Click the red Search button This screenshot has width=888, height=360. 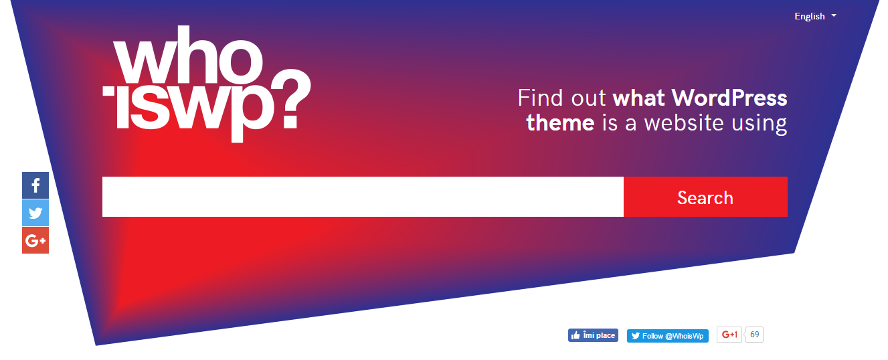pyautogui.click(x=705, y=197)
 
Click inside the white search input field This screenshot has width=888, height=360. pyautogui.click(x=363, y=197)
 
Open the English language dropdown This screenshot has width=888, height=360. pyautogui.click(x=815, y=16)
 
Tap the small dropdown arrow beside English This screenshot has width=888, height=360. pyautogui.click(x=834, y=15)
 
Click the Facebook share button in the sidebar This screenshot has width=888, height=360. pyautogui.click(x=35, y=185)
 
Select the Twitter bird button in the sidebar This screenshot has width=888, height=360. pyautogui.click(x=35, y=213)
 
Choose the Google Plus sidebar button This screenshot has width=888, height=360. pyautogui.click(x=35, y=240)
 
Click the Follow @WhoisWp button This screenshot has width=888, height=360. pyautogui.click(x=668, y=336)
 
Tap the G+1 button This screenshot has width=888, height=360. pyautogui.click(x=729, y=335)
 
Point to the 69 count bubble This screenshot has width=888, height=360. pyautogui.click(x=754, y=335)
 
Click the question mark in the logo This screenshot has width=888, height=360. pyautogui.click(x=290, y=99)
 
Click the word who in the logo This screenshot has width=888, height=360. pyautogui.click(x=188, y=55)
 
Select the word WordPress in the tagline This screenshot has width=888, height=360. pyautogui.click(x=729, y=98)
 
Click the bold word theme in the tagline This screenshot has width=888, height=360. pyautogui.click(x=560, y=122)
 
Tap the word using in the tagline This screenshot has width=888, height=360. pyautogui.click(x=759, y=124)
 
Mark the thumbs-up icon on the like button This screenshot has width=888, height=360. pyautogui.click(x=575, y=335)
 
